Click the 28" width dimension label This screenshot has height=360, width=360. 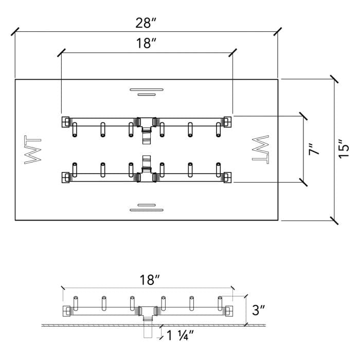pyautogui.click(x=146, y=23)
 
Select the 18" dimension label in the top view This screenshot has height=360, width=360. pyautogui.click(x=147, y=44)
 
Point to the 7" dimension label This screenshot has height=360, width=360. pyautogui.click(x=314, y=149)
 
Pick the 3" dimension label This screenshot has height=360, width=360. pyautogui.click(x=259, y=310)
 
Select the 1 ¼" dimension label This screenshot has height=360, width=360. pyautogui.click(x=179, y=336)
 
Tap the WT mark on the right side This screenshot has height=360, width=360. pyautogui.click(x=259, y=150)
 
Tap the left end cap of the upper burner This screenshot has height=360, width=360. pyautogui.click(x=66, y=121)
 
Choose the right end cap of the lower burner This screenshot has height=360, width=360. pyautogui.click(x=227, y=177)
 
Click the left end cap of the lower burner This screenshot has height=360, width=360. pyautogui.click(x=66, y=177)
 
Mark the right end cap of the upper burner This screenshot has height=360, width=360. pyautogui.click(x=227, y=121)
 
